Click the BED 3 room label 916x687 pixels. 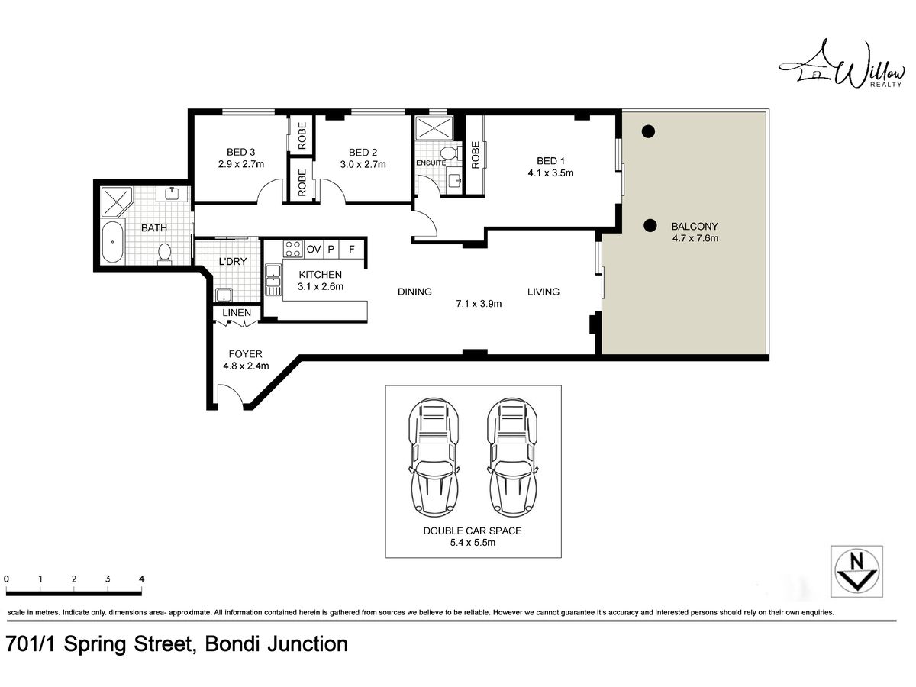pyautogui.click(x=240, y=152)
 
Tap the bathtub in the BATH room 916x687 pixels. pyautogui.click(x=113, y=242)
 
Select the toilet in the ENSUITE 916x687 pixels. pyautogui.click(x=450, y=153)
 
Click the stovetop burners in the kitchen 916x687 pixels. pyautogui.click(x=292, y=249)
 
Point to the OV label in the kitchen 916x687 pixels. pyautogui.click(x=314, y=250)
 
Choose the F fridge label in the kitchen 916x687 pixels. pyautogui.click(x=351, y=249)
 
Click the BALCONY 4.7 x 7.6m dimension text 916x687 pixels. pyautogui.click(x=695, y=239)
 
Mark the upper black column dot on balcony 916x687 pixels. pyautogui.click(x=648, y=132)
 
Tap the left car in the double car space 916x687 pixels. pyautogui.click(x=434, y=457)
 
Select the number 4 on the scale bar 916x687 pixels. pyautogui.click(x=142, y=579)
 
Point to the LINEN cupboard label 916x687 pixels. pyautogui.click(x=237, y=313)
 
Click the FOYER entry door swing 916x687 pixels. pyautogui.click(x=230, y=394)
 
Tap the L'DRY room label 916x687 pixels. pyautogui.click(x=233, y=262)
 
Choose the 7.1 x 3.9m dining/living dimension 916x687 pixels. pyautogui.click(x=479, y=304)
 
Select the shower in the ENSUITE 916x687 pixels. pyautogui.click(x=434, y=127)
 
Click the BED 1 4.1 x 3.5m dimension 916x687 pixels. pyautogui.click(x=550, y=173)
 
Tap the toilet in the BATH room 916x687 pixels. pyautogui.click(x=164, y=253)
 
